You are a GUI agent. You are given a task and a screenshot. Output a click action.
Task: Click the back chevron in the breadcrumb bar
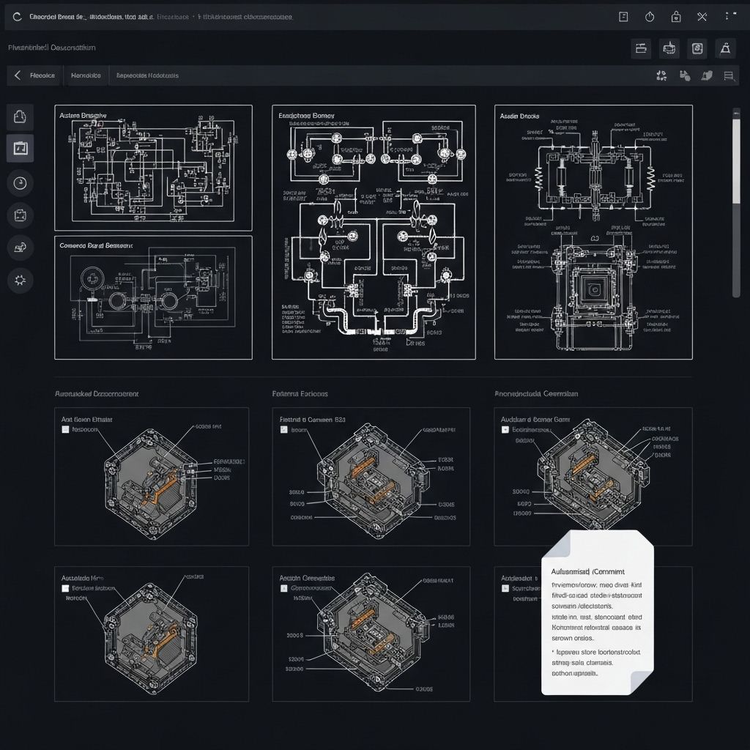tap(17, 75)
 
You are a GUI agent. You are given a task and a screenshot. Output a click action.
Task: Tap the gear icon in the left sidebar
tap(20, 279)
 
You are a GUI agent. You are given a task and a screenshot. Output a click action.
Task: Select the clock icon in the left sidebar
tap(20, 182)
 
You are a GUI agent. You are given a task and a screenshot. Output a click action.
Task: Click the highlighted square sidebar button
tap(20, 149)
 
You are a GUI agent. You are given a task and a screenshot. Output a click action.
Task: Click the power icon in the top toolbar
tap(650, 17)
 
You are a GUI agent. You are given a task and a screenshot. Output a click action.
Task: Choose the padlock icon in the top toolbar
tap(676, 17)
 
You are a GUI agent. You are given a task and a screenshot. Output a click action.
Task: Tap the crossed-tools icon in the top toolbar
tap(702, 17)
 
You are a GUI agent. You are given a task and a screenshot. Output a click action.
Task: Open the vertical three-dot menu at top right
tap(727, 17)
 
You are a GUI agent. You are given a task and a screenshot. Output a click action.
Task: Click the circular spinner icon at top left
tap(18, 17)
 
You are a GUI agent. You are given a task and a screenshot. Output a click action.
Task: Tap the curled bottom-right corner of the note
tap(642, 681)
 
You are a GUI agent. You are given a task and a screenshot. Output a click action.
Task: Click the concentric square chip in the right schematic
tap(593, 286)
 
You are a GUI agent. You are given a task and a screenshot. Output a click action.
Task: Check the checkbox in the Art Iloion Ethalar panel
tap(65, 430)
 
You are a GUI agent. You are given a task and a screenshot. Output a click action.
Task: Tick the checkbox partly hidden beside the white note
tap(505, 588)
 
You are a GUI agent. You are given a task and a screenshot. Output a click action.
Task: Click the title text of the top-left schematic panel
tap(83, 116)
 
